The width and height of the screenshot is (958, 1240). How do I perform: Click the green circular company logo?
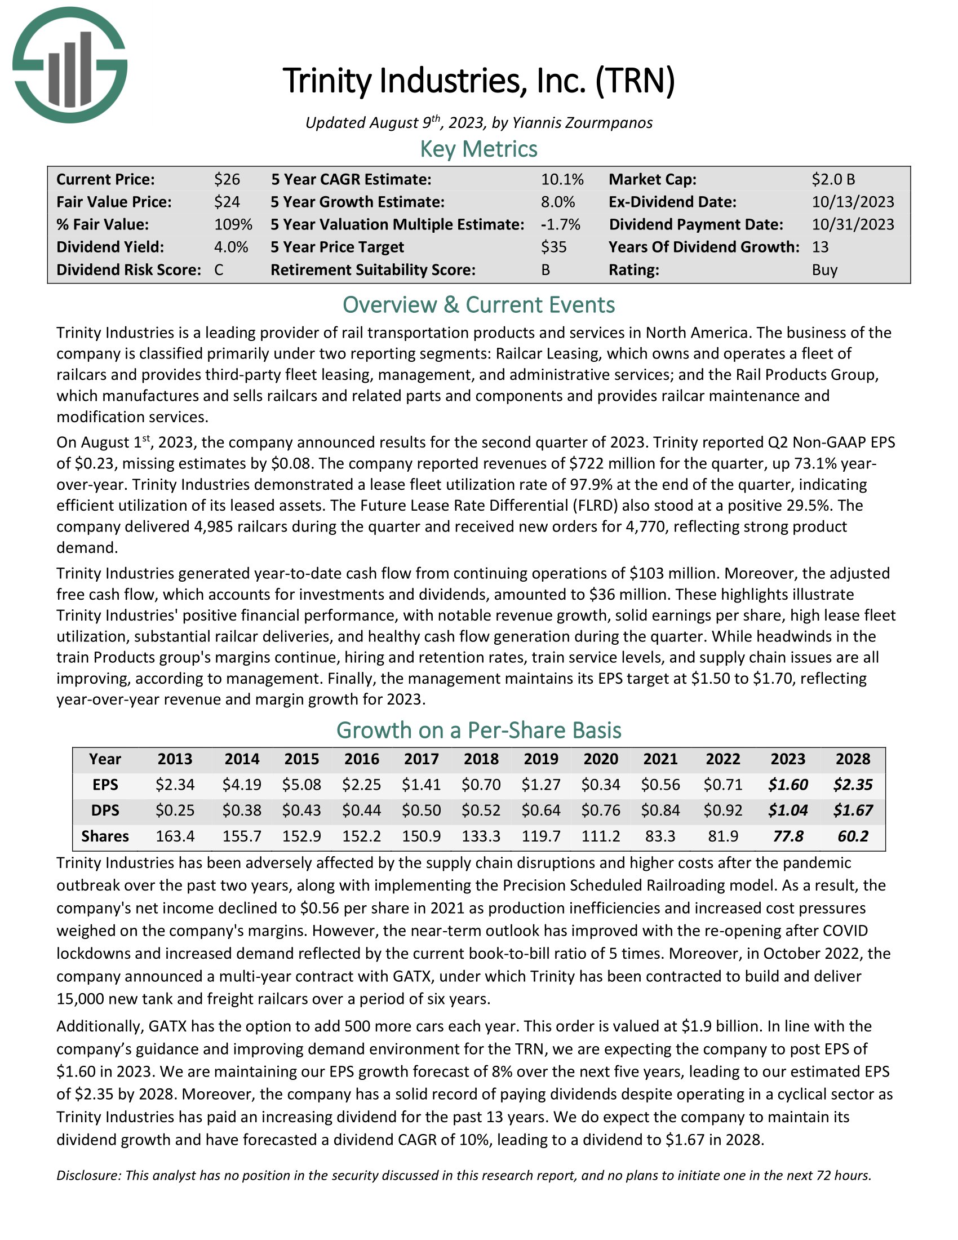tap(69, 65)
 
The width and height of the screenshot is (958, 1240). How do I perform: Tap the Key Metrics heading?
tap(478, 149)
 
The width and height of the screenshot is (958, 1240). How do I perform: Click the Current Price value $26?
tap(227, 179)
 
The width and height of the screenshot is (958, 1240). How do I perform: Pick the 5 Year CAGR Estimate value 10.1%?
tap(562, 179)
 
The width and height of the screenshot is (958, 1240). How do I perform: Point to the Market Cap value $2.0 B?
tap(832, 179)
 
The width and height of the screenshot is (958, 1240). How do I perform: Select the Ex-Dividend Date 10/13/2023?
tap(853, 202)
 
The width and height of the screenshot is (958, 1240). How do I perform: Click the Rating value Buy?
tap(824, 269)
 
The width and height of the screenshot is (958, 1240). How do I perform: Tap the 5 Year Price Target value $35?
tap(553, 247)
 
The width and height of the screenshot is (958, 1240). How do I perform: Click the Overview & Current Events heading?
tap(478, 305)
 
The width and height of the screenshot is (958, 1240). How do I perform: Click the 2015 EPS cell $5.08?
tap(301, 785)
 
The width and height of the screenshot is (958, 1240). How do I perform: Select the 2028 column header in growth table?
tap(853, 759)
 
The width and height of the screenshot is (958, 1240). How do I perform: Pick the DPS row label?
tap(105, 810)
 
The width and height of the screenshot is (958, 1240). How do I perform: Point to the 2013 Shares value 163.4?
tap(175, 836)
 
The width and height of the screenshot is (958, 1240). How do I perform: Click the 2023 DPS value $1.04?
tap(788, 810)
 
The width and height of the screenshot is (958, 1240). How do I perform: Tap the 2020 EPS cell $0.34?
tap(601, 785)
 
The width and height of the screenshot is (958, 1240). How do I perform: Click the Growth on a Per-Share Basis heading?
tap(478, 730)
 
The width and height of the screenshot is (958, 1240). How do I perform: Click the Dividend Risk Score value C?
tap(219, 269)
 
